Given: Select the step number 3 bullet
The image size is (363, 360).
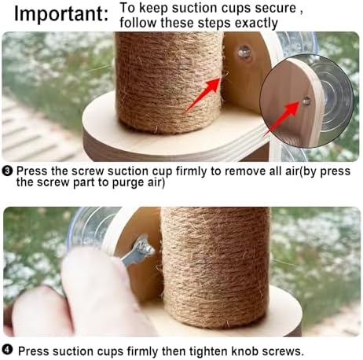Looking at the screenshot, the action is coord(7,171).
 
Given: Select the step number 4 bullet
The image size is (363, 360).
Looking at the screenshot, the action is coord(7,350).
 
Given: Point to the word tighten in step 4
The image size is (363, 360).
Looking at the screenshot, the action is coord(208,351).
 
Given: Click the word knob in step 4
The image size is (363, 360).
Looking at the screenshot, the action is coord(245,351).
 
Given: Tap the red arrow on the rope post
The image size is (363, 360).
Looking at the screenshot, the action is coord(203,95).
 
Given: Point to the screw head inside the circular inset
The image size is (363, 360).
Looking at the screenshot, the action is coord(306,101).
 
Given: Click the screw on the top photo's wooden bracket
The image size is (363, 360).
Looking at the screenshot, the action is coord(244,53).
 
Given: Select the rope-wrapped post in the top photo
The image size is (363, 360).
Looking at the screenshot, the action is coord(170,83).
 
